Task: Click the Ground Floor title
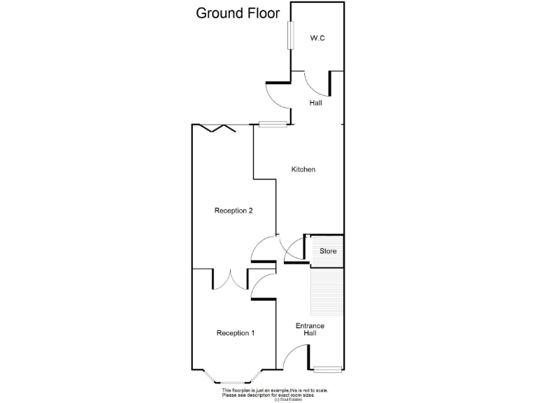[237, 13]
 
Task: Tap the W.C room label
[317, 38]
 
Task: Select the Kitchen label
[303, 169]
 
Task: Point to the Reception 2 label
[234, 211]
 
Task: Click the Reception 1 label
[235, 333]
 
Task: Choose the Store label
[328, 251]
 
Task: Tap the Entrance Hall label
[310, 330]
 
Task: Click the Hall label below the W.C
[316, 103]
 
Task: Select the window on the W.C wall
[289, 34]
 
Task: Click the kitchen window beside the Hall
[273, 125]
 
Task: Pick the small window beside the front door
[327, 369]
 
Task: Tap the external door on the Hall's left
[277, 96]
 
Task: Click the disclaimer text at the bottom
[274, 395]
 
